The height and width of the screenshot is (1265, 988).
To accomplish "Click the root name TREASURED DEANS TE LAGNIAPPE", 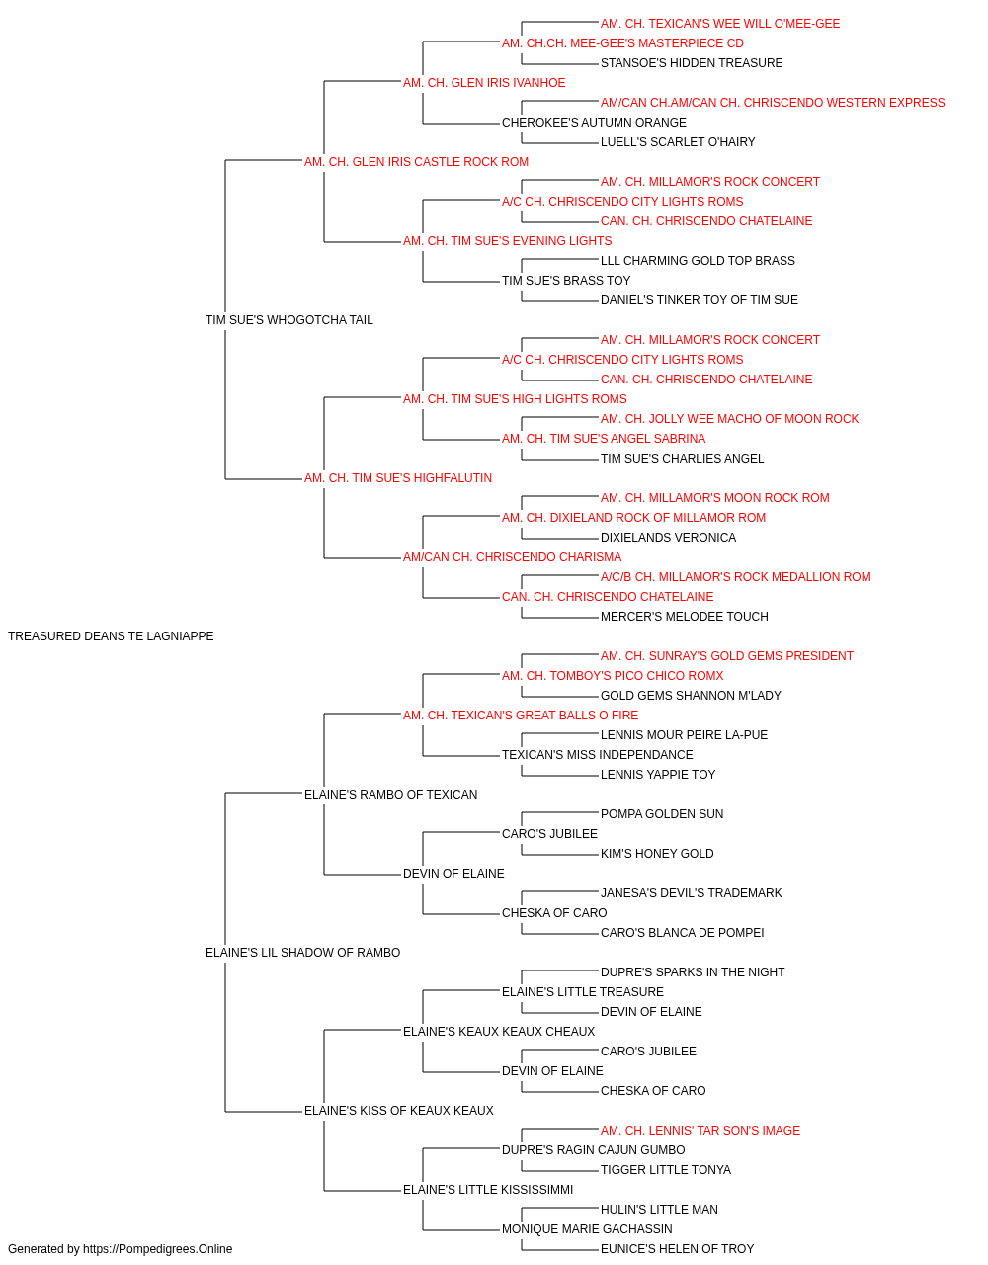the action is [x=111, y=636].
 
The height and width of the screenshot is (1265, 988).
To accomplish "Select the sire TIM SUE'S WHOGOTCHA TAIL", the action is [x=289, y=320].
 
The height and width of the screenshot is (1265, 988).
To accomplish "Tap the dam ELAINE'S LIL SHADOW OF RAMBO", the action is [x=302, y=953].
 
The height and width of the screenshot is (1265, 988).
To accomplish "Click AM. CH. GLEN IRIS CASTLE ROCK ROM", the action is [x=416, y=162].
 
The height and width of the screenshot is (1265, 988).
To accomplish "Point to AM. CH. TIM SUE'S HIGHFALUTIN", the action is [x=398, y=478].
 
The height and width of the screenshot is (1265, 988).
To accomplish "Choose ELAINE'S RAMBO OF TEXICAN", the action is [x=390, y=794].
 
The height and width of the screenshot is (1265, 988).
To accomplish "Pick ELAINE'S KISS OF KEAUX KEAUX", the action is [x=398, y=1110].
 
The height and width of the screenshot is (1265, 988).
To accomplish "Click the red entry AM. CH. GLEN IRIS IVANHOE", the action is [x=484, y=83].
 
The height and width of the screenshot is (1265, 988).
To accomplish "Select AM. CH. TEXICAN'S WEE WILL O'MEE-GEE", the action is [x=720, y=24].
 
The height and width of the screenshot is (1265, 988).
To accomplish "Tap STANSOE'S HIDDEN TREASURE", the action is [x=692, y=63].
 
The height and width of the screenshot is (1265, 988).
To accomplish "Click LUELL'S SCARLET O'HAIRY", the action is [x=678, y=142].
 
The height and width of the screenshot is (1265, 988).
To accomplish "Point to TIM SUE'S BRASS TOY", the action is [x=566, y=281].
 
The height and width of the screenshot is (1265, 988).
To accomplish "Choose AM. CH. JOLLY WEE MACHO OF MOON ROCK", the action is [x=730, y=419].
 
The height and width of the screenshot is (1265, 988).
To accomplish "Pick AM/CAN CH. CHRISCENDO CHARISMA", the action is [x=512, y=557].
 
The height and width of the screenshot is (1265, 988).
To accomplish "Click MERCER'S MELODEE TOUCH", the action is [x=685, y=617].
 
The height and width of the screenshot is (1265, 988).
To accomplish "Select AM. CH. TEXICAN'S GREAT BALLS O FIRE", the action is [x=521, y=715].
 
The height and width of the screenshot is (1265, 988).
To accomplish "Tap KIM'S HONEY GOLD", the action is [x=657, y=854].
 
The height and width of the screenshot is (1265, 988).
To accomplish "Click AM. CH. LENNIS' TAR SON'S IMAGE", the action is [x=700, y=1130].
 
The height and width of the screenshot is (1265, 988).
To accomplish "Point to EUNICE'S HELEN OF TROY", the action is [x=678, y=1249].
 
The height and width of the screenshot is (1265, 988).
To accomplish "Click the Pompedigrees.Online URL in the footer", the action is [x=158, y=1249].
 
